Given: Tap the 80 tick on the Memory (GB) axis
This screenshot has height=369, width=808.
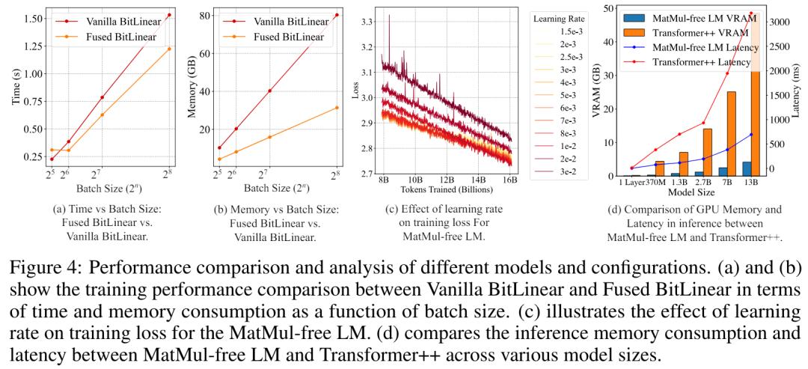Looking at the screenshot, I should pos(200,16).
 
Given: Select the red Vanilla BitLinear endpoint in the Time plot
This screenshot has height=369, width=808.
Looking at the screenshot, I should pos(170,15).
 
